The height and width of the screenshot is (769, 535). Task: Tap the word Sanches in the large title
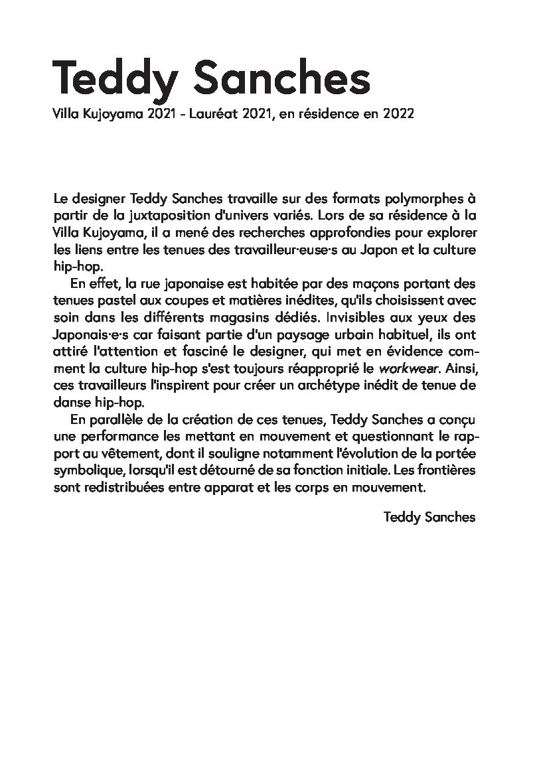coord(279,78)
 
